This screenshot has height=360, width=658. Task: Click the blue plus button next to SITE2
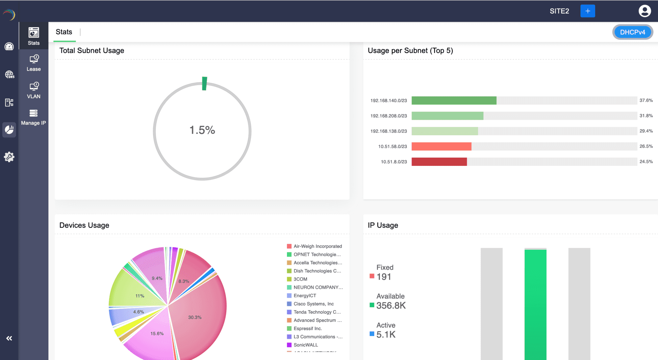(588, 11)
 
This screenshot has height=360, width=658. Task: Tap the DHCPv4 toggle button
(632, 32)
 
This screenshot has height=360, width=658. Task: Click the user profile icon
(645, 11)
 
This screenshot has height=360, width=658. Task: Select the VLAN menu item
(34, 90)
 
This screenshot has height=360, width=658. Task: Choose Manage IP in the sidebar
(34, 117)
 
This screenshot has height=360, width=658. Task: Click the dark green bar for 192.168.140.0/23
(454, 100)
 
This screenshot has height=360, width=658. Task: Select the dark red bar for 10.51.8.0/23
(439, 162)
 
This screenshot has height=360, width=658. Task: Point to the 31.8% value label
(646, 116)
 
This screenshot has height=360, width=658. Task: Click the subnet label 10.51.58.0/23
(392, 146)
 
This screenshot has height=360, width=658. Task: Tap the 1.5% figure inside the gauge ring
(202, 130)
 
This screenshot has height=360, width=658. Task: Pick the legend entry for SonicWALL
(306, 345)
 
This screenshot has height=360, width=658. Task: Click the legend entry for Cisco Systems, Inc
(314, 304)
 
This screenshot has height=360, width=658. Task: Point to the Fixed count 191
(384, 277)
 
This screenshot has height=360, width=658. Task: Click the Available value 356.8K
(391, 306)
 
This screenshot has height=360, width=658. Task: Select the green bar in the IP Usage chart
(535, 303)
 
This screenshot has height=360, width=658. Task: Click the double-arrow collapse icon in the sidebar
(9, 338)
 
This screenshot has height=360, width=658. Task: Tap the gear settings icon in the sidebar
(9, 157)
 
